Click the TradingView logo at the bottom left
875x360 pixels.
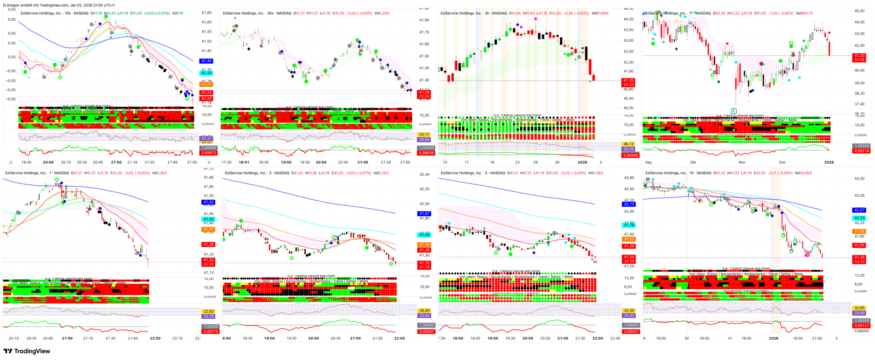pyautogui.click(x=27, y=351)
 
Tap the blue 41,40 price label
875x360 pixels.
pyautogui.click(x=206, y=61)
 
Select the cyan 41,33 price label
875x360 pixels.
pyautogui.click(x=206, y=73)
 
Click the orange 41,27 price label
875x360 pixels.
pyautogui.click(x=206, y=84)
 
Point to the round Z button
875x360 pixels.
pyautogui.click(x=10, y=162)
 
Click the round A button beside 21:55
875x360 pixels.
pyautogui.click(x=209, y=162)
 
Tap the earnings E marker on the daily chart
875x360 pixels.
pyautogui.click(x=734, y=111)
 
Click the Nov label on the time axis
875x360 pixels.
pyautogui.click(x=742, y=162)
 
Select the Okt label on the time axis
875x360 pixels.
pyautogui.click(x=693, y=162)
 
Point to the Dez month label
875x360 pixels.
pyautogui.click(x=782, y=162)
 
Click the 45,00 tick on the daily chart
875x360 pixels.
pyautogui.click(x=859, y=11)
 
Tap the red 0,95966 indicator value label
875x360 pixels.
pyautogui.click(x=631, y=155)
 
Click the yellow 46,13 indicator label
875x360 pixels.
pyautogui.click(x=629, y=144)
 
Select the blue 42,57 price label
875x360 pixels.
pyautogui.click(x=860, y=210)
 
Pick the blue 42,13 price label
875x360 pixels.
pyautogui.click(x=629, y=204)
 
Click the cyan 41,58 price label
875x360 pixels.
pyautogui.click(x=425, y=235)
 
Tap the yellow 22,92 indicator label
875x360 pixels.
pyautogui.click(x=209, y=311)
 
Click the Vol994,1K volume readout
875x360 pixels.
pyautogui.click(x=804, y=13)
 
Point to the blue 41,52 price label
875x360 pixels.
pyautogui.click(x=209, y=202)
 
